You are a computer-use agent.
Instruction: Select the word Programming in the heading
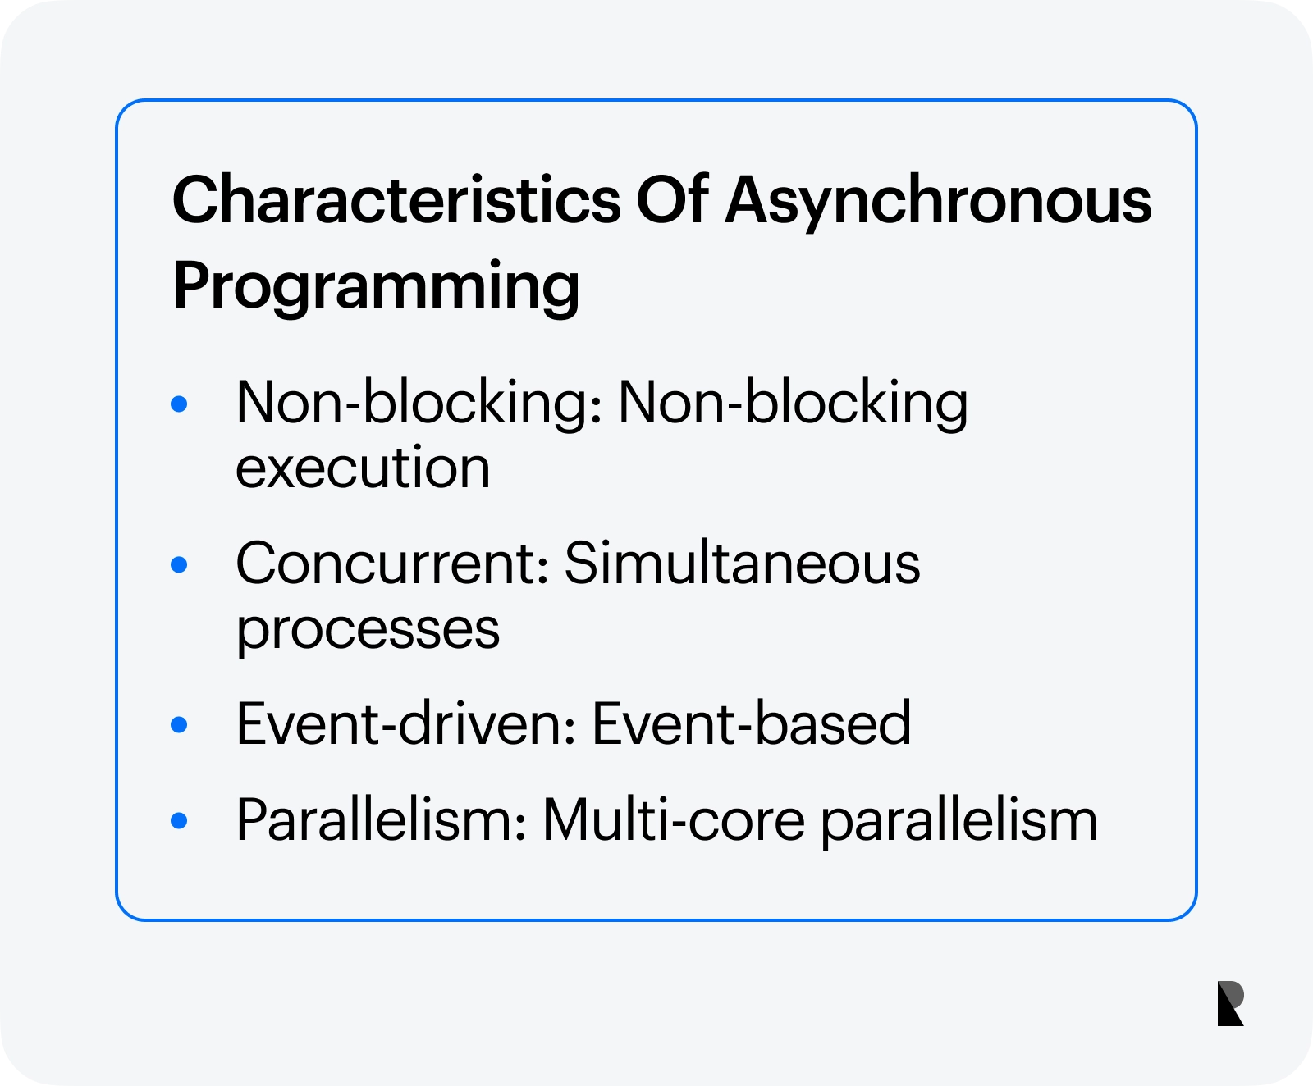tap(377, 286)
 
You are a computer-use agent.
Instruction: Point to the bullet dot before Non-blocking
tap(179, 404)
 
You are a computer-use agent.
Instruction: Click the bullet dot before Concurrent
tap(179, 564)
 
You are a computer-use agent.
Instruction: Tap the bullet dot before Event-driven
tap(179, 725)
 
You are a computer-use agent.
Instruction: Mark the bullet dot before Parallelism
tap(179, 820)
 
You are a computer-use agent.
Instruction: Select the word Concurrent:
tap(392, 564)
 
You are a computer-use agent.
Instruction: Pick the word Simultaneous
tap(743, 564)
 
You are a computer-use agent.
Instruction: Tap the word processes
tap(368, 630)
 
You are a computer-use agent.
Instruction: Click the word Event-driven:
tap(406, 723)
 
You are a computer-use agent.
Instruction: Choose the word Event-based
tap(752, 723)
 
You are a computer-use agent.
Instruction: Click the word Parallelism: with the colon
tap(382, 819)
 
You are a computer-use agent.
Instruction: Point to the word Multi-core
tap(674, 819)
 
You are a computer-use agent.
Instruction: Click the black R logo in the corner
tap(1231, 1002)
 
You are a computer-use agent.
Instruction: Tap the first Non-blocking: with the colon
tap(419, 404)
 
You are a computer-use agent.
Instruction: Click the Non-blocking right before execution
tap(793, 404)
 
